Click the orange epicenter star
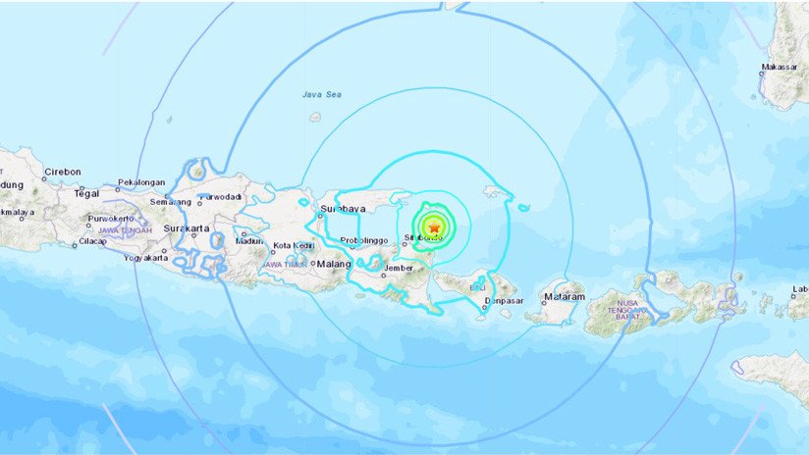434,227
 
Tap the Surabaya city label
344,209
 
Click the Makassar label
779,68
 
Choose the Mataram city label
565,296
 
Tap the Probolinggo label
360,241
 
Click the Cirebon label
64,172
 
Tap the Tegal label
86,193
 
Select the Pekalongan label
139,182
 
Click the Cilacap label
93,241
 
